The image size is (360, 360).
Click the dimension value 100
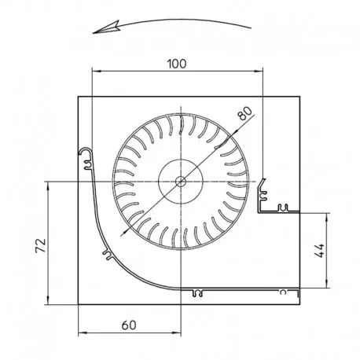177,64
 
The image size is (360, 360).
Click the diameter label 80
245,113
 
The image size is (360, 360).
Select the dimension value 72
41,245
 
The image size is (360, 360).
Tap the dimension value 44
319,251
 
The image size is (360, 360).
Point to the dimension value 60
129,325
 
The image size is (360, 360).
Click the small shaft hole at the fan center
181,181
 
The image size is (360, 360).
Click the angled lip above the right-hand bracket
262,185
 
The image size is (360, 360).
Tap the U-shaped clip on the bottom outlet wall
197,293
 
